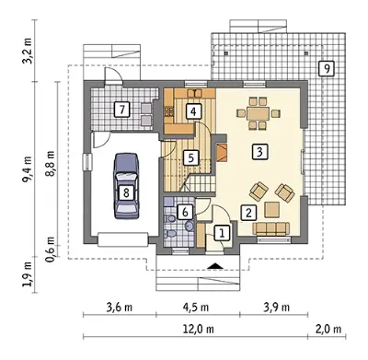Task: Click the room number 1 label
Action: pos(222,233)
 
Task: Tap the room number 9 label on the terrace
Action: pos(327,69)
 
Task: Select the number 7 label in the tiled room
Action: pos(122,110)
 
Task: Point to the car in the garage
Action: pos(126,186)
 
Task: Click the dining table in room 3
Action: pos(259,113)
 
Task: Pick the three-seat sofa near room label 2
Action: pos(271,228)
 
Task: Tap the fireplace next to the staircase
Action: pos(222,152)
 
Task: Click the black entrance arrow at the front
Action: pos(215,266)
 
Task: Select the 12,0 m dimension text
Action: pos(199,330)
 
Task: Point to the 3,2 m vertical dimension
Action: pos(27,51)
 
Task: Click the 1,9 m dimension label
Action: pos(27,274)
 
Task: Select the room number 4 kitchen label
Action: pos(193,111)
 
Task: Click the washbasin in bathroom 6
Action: pos(190,226)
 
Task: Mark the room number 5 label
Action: pos(190,158)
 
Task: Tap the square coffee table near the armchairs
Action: pos(272,210)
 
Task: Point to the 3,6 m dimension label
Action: pos(120,307)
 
